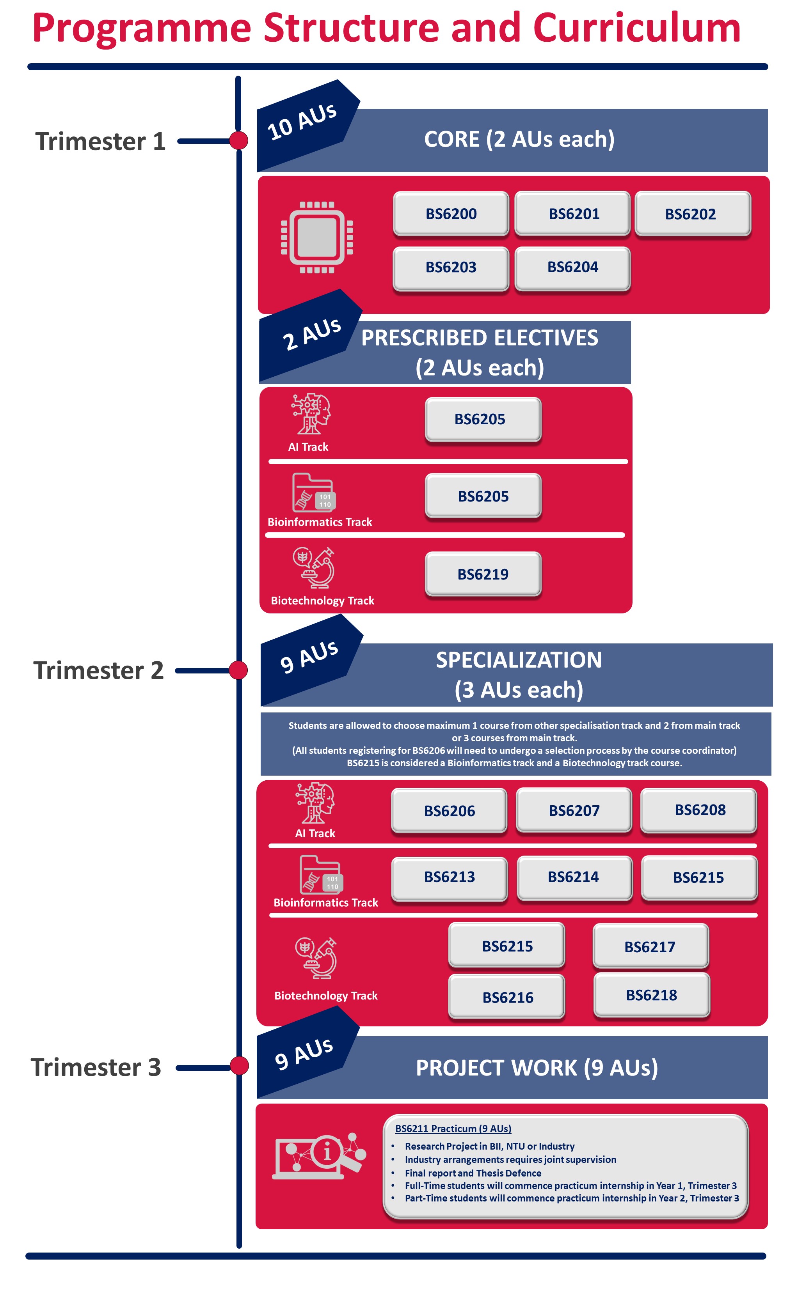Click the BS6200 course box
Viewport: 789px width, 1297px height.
[x=451, y=213]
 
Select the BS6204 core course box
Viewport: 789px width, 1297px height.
[x=572, y=268]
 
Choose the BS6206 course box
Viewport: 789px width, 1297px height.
[x=449, y=811]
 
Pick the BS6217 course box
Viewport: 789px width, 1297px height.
[x=650, y=946]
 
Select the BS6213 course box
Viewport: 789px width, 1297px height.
[x=449, y=877]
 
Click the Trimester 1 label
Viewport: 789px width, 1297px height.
[x=100, y=141]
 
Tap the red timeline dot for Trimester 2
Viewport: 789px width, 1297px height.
[x=238, y=670]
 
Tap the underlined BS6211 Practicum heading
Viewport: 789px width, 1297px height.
[x=453, y=1128]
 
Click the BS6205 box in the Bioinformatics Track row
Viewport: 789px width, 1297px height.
[x=483, y=496]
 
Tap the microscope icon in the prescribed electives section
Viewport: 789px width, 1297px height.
[x=314, y=568]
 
